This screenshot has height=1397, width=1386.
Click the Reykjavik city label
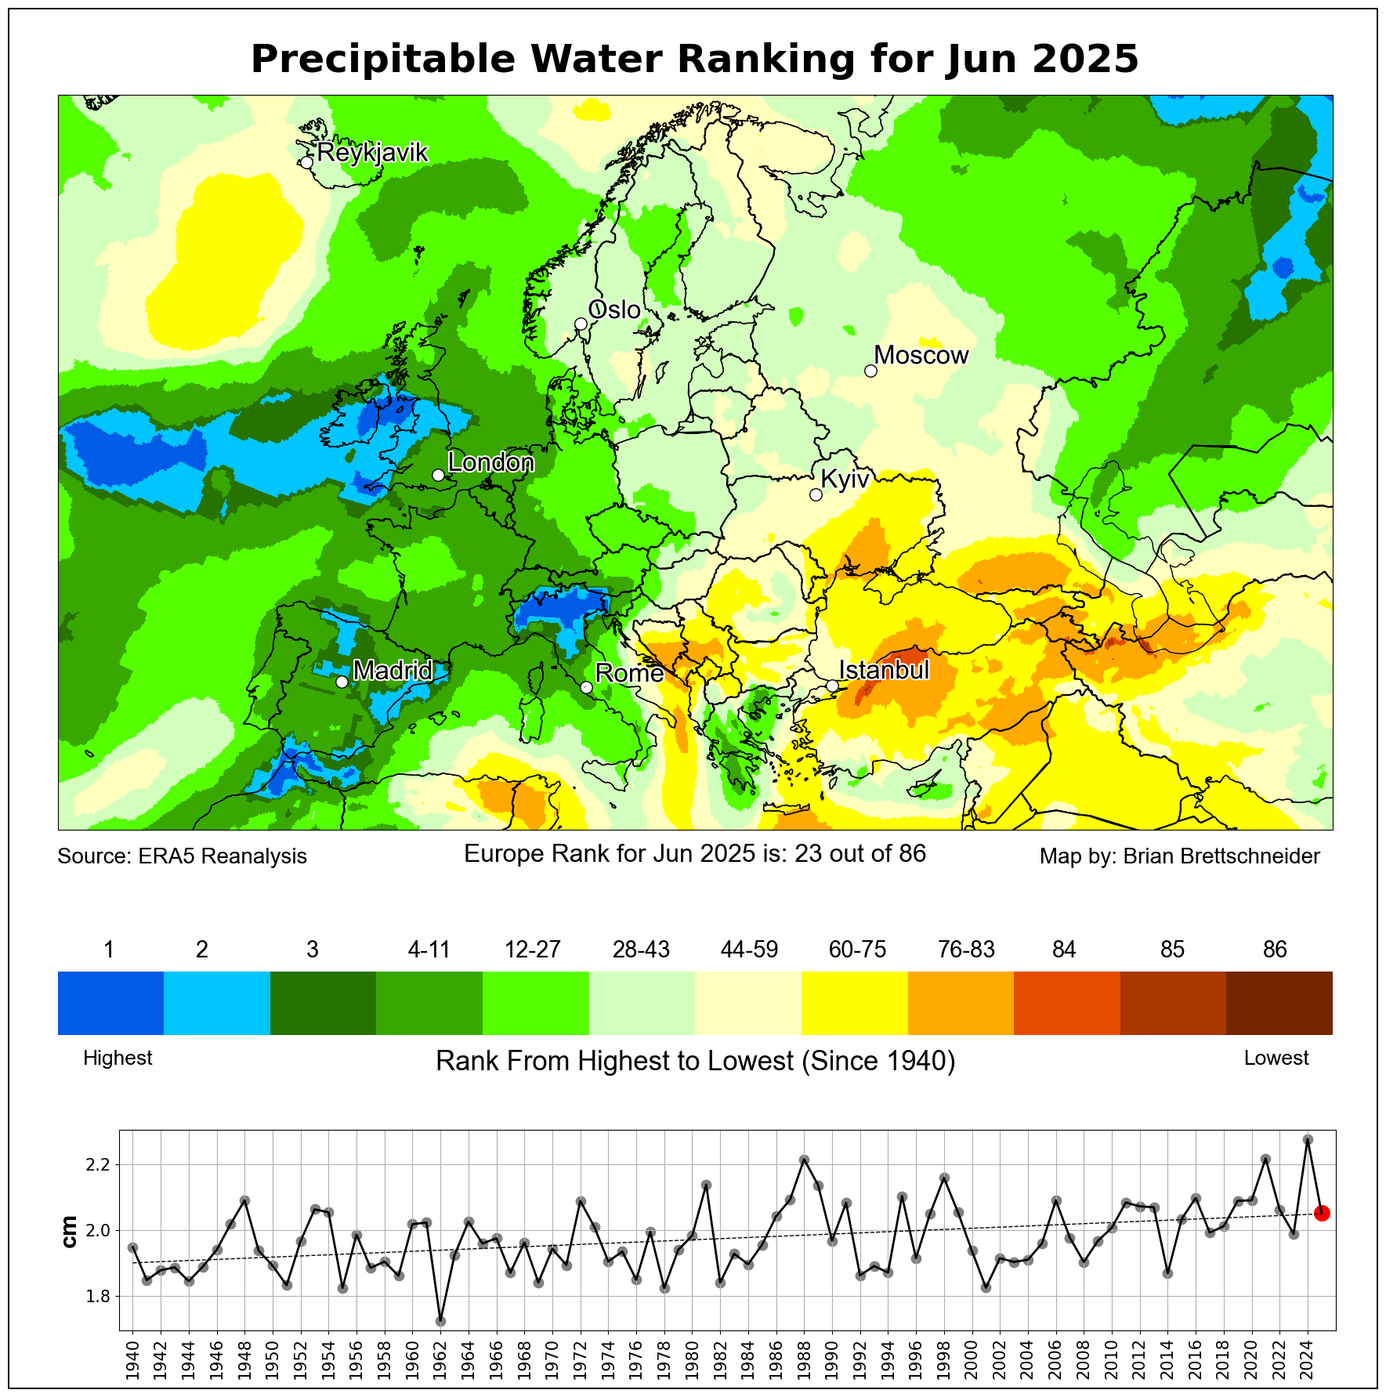[372, 152]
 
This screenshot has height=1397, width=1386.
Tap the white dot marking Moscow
[870, 371]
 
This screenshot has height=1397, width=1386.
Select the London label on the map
[490, 462]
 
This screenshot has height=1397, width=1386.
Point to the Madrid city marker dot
[342, 682]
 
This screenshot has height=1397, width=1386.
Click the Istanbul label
[884, 670]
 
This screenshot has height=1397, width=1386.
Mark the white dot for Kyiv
[816, 494]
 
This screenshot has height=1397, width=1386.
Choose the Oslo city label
[614, 309]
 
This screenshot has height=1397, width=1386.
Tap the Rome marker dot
[586, 687]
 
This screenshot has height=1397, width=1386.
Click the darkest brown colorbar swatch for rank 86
[1279, 1003]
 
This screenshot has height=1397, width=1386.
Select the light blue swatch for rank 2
[217, 1003]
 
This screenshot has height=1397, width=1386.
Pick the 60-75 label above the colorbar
[857, 950]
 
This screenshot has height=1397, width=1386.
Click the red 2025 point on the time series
[1321, 1214]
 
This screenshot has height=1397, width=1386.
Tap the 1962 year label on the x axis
[440, 1362]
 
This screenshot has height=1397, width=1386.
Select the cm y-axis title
[70, 1232]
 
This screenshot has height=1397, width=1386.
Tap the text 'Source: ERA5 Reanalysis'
[182, 856]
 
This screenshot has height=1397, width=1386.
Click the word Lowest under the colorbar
[1276, 1058]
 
